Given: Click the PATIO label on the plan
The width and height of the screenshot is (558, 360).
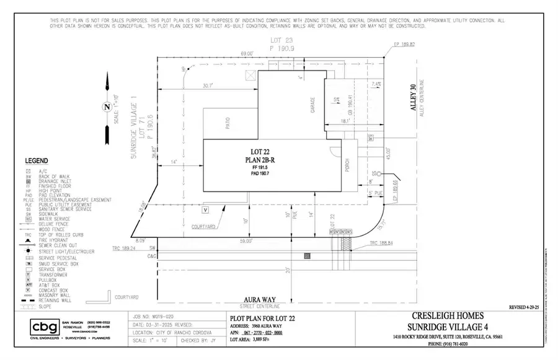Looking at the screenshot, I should click(228, 123).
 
